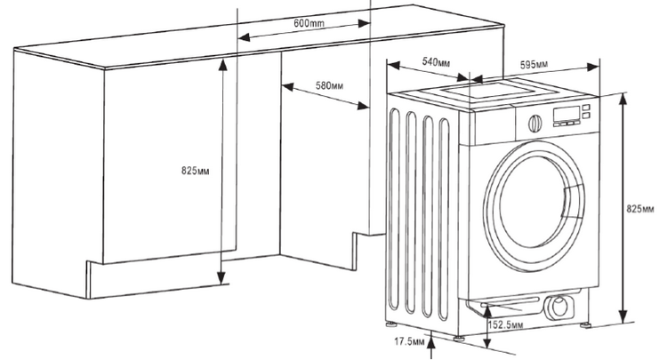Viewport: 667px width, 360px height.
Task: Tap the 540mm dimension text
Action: [x=436, y=62]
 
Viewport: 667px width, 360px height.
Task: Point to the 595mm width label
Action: [x=534, y=64]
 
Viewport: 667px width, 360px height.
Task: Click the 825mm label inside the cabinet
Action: [x=195, y=170]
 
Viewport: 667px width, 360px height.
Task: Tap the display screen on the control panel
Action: [x=567, y=112]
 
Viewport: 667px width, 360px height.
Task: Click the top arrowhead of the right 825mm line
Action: [x=624, y=96]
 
